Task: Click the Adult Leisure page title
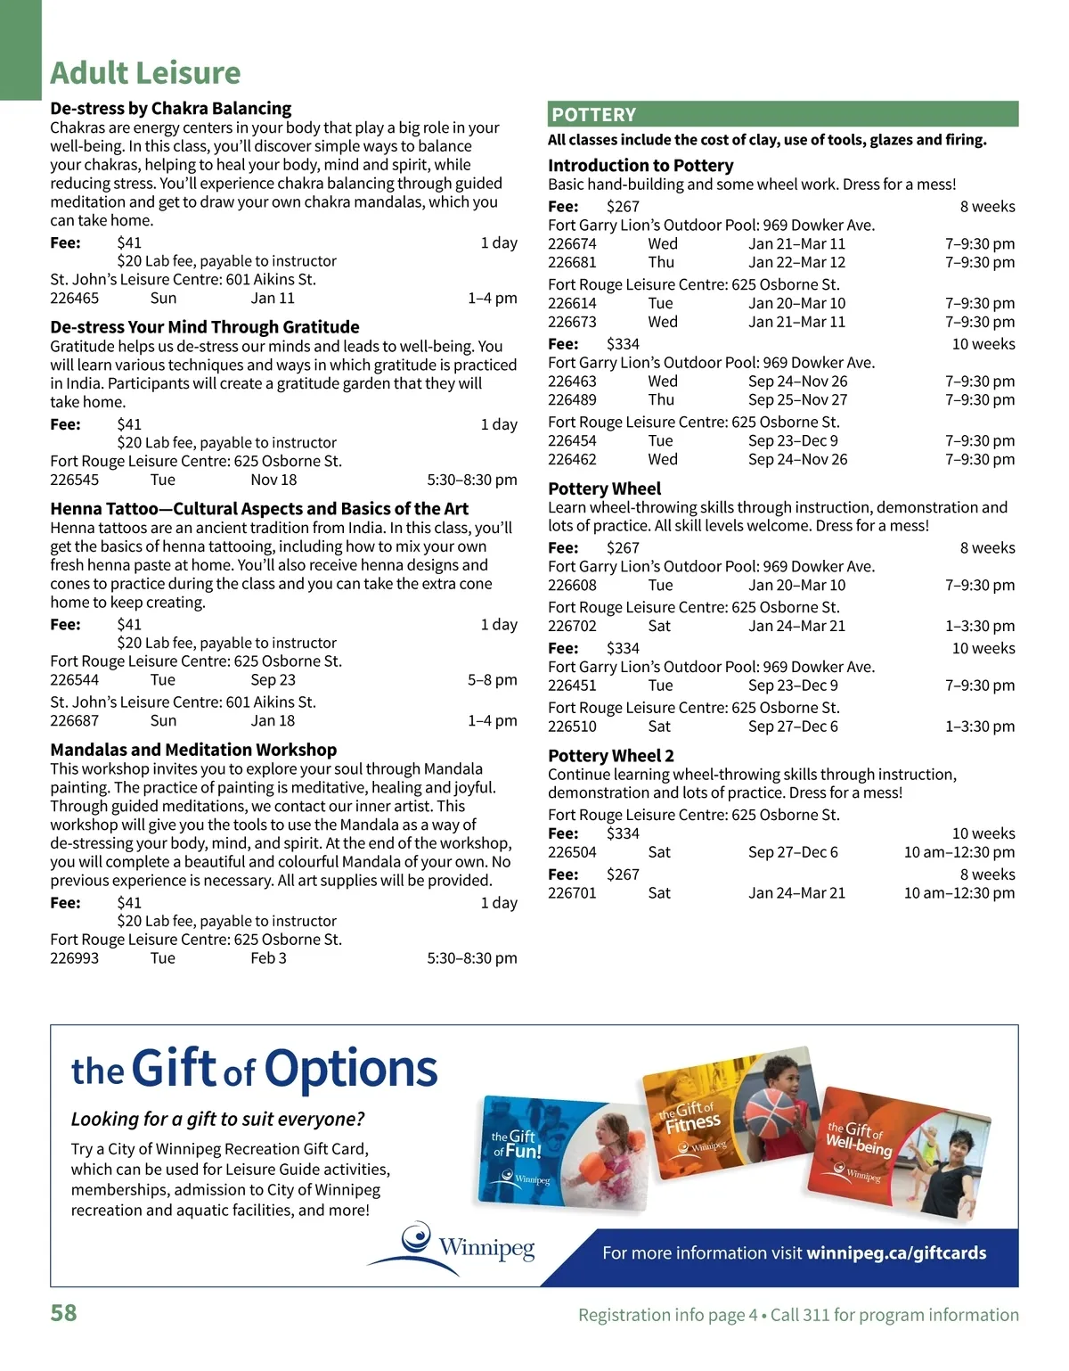(145, 73)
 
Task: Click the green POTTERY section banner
(782, 114)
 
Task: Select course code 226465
(75, 299)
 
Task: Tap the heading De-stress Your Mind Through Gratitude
(205, 327)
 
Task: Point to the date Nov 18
(273, 480)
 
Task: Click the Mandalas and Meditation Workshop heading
(193, 750)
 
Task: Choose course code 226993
(75, 958)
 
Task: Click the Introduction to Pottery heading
(641, 166)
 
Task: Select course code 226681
(572, 262)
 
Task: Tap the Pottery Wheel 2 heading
(611, 756)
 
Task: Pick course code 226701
(572, 893)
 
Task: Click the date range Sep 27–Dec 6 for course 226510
(793, 727)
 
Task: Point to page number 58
(63, 1313)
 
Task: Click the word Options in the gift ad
(351, 1069)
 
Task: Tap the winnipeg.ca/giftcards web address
(896, 1253)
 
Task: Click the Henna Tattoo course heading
(259, 509)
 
